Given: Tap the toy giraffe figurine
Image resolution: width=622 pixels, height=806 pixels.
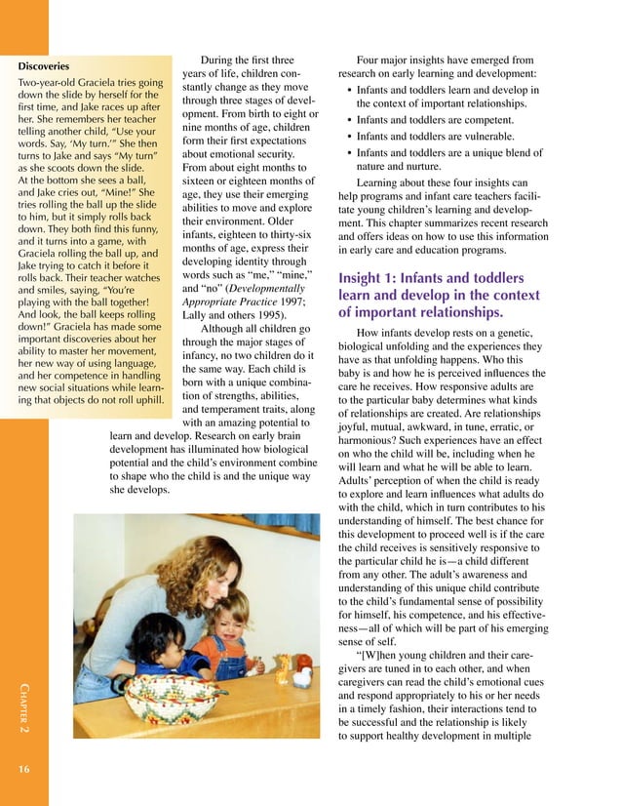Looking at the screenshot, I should pos(284,670).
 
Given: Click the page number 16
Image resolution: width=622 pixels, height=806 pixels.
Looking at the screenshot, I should pos(24,770).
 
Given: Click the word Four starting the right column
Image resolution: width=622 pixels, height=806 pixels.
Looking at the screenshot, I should pos(374,59).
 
